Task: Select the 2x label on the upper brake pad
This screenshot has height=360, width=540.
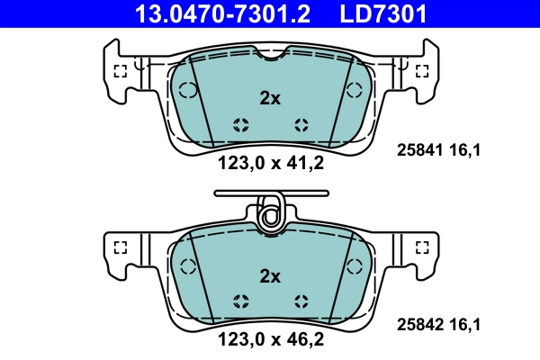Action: click(x=270, y=99)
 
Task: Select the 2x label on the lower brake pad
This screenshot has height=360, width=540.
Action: click(x=270, y=275)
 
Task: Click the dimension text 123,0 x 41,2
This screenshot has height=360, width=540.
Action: click(x=270, y=163)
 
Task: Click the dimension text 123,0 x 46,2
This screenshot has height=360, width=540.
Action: click(x=270, y=339)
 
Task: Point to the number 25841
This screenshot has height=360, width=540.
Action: click(x=420, y=151)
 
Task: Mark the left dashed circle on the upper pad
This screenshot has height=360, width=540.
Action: click(x=188, y=90)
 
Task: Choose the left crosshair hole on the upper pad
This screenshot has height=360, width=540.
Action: click(x=239, y=125)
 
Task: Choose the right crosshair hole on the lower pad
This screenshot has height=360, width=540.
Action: click(x=301, y=301)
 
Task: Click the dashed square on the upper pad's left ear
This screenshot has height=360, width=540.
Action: click(x=121, y=73)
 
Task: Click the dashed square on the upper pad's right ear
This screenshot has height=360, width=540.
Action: click(x=419, y=73)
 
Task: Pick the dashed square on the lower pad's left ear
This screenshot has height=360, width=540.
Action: click(x=121, y=247)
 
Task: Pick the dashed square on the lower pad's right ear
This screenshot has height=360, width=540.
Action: click(x=419, y=247)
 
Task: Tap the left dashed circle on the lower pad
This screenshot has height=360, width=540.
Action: click(x=188, y=265)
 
